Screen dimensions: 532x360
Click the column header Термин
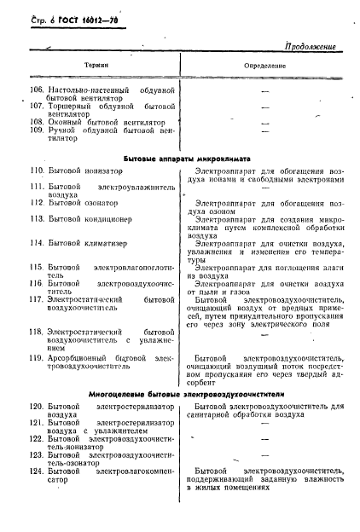pyautogui.click(x=95, y=65)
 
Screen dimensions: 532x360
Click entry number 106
pyautogui.click(x=37, y=90)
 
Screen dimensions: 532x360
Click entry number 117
pyautogui.click(x=37, y=299)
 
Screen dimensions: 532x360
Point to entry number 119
pyautogui.click(x=37, y=356)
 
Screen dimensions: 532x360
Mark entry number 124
pyautogui.click(x=37, y=470)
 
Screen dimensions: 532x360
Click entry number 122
pyautogui.click(x=37, y=438)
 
